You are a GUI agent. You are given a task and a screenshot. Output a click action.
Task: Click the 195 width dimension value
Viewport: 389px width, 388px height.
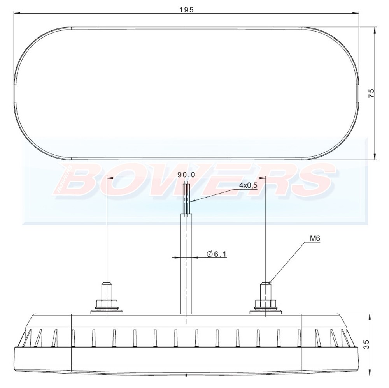coord(187,10)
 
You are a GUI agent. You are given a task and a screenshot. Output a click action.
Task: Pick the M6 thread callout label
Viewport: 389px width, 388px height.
coord(315,238)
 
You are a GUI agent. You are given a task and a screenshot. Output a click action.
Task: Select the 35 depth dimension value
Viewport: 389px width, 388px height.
coord(366,344)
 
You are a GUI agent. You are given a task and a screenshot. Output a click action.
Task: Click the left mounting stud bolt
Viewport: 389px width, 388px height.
coord(107,290)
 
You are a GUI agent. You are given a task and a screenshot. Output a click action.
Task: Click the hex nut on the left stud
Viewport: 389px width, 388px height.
coord(107,304)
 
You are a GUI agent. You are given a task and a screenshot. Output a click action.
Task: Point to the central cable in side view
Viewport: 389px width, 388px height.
coord(186,265)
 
